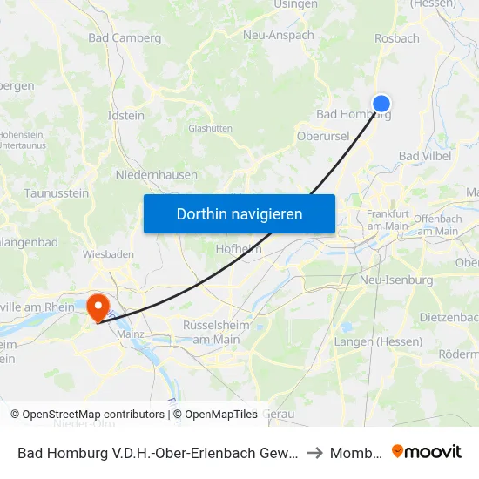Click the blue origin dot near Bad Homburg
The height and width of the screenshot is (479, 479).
pyautogui.click(x=381, y=104)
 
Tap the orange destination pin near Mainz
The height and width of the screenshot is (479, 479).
pyautogui.click(x=98, y=306)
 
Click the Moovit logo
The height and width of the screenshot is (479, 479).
pyautogui.click(x=427, y=452)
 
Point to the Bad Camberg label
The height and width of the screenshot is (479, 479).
pyautogui.click(x=125, y=38)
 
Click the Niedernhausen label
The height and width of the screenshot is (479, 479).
pyautogui.click(x=157, y=174)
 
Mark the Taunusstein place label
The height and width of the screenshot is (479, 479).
pyautogui.click(x=56, y=192)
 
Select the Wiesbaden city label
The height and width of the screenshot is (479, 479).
pyautogui.click(x=108, y=254)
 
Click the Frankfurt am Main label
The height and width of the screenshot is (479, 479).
pyautogui.click(x=388, y=219)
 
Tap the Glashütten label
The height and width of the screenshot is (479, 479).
pyautogui.click(x=210, y=128)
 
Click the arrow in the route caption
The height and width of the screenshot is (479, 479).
pyautogui.click(x=315, y=453)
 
